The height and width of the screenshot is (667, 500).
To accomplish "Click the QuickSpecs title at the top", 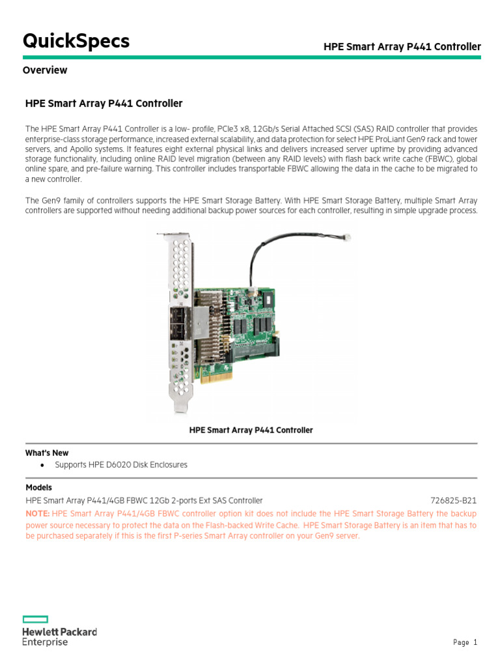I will point(76,41).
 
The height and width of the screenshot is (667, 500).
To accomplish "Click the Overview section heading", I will point(45,70).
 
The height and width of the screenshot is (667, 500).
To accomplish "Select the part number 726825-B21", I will point(453,500).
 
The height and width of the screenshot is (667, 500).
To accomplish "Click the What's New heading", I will point(47,453).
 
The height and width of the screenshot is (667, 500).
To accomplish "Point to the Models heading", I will point(39,487).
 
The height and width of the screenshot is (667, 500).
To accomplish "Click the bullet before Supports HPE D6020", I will point(42,465).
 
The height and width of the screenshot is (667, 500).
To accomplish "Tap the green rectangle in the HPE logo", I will point(36,619).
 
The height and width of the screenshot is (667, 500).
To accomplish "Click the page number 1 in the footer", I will point(475,642).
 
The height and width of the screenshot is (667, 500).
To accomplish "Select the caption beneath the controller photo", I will point(251,430).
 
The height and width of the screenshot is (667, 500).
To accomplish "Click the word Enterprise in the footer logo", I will point(45,642).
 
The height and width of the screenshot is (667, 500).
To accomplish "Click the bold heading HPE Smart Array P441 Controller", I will point(104,104).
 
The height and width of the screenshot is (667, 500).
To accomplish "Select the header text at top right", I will point(402,46).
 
